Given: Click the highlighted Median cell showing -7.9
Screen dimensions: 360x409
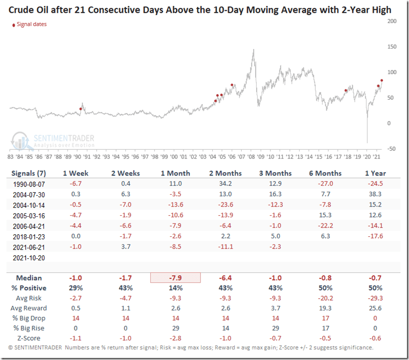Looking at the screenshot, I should (x=175, y=278).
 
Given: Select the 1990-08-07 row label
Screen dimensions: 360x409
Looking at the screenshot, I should (x=30, y=184).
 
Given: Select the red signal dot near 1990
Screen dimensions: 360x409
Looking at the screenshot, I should (x=80, y=108).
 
